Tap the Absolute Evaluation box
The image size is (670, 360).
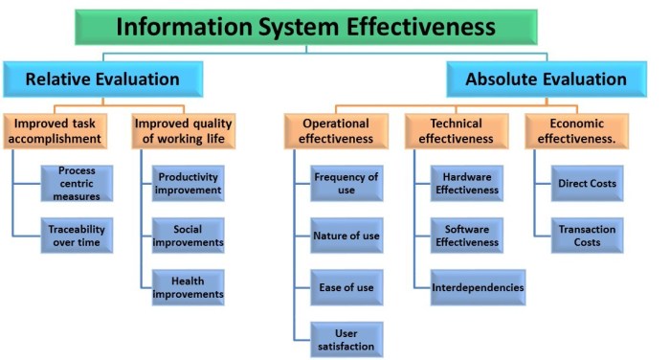coord(547,79)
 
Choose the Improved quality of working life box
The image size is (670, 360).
coord(183,131)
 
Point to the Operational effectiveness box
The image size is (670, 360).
coord(336,131)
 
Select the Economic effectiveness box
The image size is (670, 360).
coord(577,131)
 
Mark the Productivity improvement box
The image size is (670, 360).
coord(189,183)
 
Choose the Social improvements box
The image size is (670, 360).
coord(189,236)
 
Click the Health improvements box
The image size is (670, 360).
coord(189,287)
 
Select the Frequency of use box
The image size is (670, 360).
coord(346,183)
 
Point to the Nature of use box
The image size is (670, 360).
coord(346,235)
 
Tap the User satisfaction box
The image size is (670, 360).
coord(346,339)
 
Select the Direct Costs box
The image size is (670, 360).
coord(588,183)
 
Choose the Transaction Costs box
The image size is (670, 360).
coord(588,236)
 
